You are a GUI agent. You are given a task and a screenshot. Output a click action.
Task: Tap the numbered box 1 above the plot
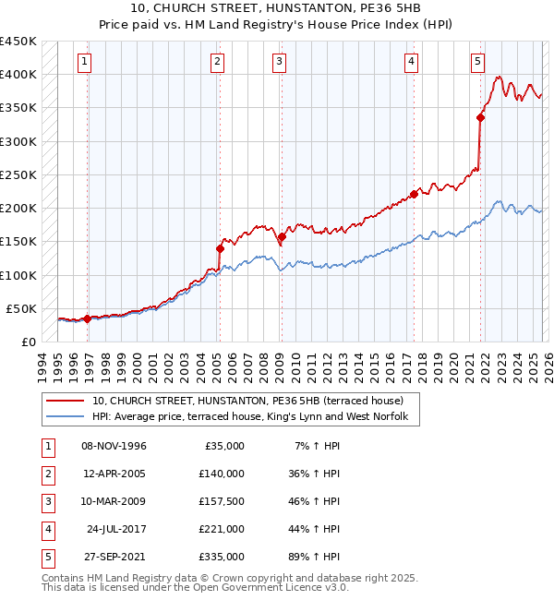pos(84,62)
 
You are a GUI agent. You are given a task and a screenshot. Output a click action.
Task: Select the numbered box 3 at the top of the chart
pos(279,62)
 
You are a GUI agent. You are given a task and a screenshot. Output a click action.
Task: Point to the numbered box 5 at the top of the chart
pos(477,62)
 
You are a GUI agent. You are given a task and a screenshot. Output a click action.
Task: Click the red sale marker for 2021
pos(481,117)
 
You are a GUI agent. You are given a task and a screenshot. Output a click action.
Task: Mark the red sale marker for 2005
pos(221,248)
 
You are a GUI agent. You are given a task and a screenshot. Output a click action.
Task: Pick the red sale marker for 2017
pos(415,194)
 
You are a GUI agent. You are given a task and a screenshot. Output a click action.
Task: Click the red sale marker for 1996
pos(88,318)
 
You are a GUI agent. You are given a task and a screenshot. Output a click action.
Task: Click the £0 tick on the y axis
pos(28,342)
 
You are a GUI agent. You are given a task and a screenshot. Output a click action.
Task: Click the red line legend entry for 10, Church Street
pos(247,401)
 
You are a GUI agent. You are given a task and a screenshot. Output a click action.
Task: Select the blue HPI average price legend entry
pos(256,417)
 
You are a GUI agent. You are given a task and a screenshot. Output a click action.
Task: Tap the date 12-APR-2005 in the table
pos(114,474)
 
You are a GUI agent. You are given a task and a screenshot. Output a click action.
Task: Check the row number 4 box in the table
pos(45,530)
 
